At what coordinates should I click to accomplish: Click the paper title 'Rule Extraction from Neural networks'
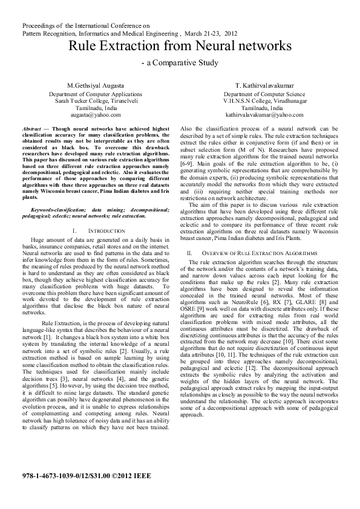pos(180,46)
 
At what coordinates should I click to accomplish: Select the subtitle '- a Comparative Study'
pos(180,62)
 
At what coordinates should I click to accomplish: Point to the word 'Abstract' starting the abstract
pos(31,129)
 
